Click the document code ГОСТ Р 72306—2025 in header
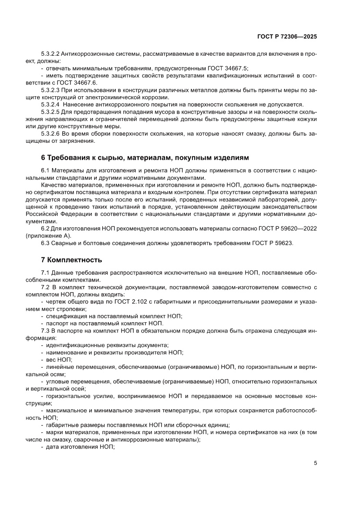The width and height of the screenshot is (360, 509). [288, 37]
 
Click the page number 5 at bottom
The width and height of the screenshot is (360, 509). [315, 463]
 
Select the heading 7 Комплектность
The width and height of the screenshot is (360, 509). [71, 260]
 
